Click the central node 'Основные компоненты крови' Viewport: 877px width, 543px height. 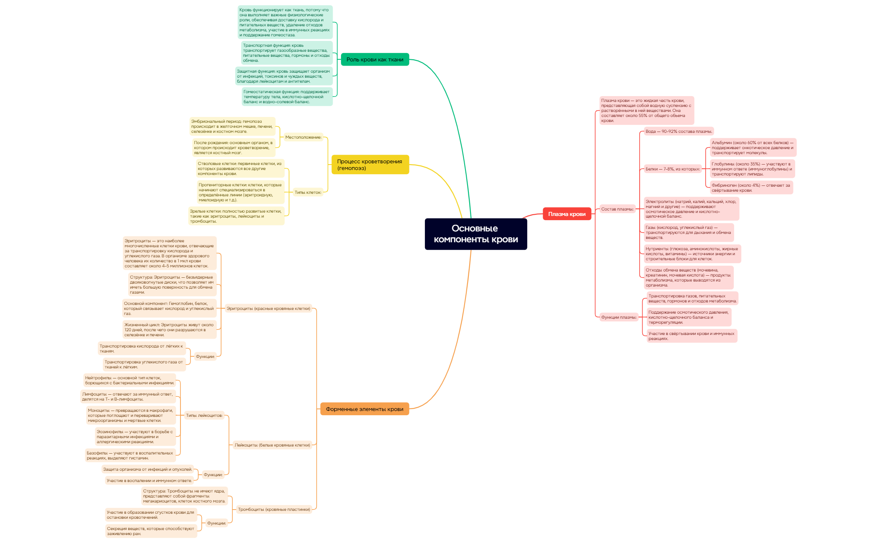click(x=475, y=234)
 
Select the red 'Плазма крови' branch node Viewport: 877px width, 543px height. click(x=567, y=214)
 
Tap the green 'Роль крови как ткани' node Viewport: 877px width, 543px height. click(x=375, y=59)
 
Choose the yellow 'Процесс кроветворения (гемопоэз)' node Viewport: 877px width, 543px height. click(x=370, y=165)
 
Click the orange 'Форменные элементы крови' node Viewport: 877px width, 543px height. click(x=364, y=409)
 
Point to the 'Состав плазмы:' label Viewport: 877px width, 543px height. click(x=617, y=209)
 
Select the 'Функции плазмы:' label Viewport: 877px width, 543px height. click(x=619, y=317)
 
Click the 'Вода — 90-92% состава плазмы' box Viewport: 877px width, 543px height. click(x=679, y=131)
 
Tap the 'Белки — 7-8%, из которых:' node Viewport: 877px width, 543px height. click(x=672, y=169)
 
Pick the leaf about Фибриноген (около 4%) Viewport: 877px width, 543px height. click(x=751, y=188)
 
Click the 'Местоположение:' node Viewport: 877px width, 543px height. click(x=303, y=137)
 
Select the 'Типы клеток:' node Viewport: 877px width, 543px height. click(x=308, y=192)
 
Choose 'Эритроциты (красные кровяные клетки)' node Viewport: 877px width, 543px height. click(x=268, y=308)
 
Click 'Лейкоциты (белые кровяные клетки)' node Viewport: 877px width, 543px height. click(x=272, y=445)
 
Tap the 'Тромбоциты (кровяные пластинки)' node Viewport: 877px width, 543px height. click(x=274, y=509)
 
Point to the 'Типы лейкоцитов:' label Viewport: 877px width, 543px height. click(x=204, y=415)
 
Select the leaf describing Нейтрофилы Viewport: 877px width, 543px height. click(x=130, y=380)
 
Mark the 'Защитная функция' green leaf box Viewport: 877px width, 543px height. click(x=284, y=76)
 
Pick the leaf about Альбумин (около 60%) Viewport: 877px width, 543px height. click(x=752, y=147)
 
